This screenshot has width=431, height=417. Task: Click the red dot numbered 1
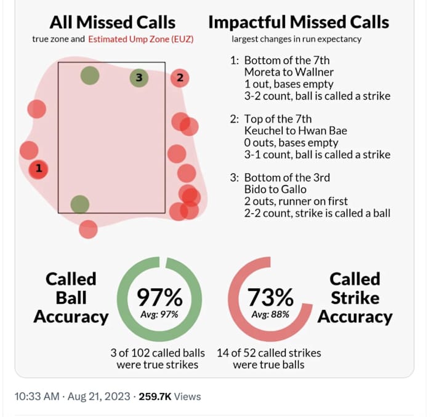pos(38,167)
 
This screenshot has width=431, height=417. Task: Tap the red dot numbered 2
pos(180,77)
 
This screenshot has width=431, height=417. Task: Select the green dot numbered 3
pos(139,77)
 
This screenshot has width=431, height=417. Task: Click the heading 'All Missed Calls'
pos(113,23)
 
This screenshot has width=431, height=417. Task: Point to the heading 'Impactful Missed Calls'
pos(299,23)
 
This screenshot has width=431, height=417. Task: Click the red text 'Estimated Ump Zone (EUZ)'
pos(140,39)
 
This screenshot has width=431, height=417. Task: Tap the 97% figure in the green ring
pos(159,298)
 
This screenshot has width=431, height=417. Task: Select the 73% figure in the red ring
pos(270,298)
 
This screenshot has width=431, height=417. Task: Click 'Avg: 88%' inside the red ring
pos(270,314)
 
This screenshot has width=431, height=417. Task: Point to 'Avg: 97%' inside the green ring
pos(159,314)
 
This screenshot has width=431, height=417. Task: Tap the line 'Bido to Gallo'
pos(275,189)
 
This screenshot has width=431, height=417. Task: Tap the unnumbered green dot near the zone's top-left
pos(90,76)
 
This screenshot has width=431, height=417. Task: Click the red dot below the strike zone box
pos(88,229)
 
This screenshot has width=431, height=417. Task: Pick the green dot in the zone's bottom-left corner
pos(79,204)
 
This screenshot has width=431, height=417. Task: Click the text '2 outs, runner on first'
pos(296,201)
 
